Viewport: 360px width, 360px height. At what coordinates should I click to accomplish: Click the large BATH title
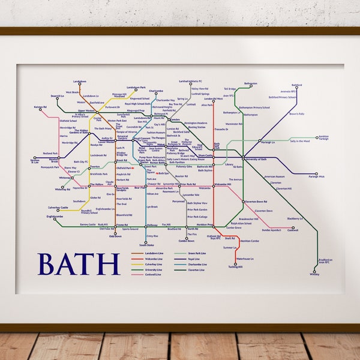pyautogui.click(x=78, y=263)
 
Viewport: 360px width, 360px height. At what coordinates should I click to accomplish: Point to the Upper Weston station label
pyautogui.click(x=87, y=111)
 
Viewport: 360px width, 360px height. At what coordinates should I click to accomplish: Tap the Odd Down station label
pyautogui.click(x=115, y=236)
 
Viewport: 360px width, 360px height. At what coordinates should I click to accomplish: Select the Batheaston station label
pyautogui.click(x=251, y=84)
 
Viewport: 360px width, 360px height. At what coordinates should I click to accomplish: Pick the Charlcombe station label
pyautogui.click(x=156, y=91)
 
